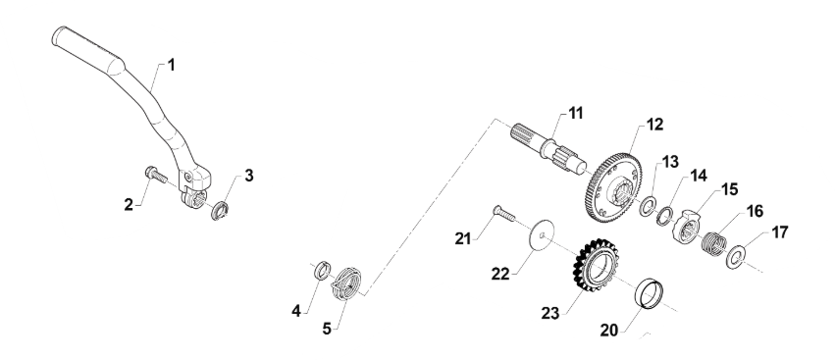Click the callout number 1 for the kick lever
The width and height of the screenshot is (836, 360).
click(171, 65)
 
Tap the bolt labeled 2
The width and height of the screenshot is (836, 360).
click(156, 174)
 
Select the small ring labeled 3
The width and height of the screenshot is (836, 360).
click(220, 211)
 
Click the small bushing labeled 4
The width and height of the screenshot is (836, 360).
click(322, 271)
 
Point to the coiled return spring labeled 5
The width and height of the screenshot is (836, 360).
click(345, 284)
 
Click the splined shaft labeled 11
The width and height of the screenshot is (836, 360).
click(549, 148)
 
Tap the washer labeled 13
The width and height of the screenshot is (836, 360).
click(648, 206)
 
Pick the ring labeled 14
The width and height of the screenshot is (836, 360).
click(664, 217)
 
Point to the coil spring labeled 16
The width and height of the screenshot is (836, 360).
click(713, 242)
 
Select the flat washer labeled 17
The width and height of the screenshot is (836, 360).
click(736, 257)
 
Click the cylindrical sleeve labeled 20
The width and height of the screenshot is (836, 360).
click(649, 293)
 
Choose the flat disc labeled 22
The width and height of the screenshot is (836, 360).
click(542, 234)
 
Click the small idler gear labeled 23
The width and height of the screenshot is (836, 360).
click(596, 265)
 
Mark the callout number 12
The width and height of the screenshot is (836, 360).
click(654, 125)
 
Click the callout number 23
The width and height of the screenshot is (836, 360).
click(550, 313)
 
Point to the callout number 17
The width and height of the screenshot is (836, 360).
click(779, 232)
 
